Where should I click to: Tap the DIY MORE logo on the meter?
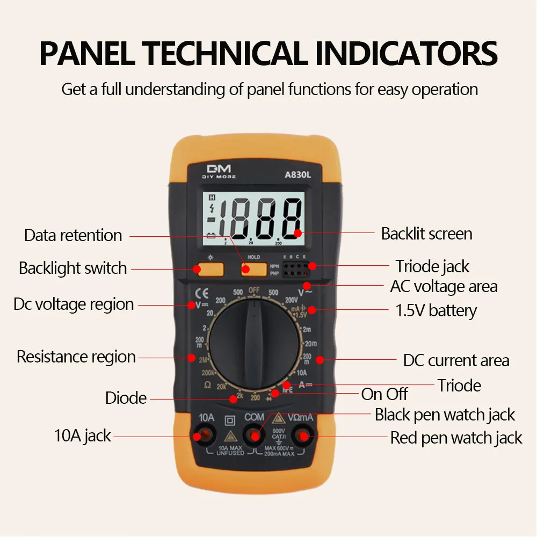click(219, 171)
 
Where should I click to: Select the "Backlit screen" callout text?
click(426, 234)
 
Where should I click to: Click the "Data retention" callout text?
click(73, 235)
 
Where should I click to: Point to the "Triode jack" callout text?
click(432, 266)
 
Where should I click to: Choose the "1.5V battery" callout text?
click(436, 310)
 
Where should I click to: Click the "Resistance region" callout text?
click(76, 357)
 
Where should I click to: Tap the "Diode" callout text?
click(126, 398)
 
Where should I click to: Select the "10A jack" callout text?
click(82, 435)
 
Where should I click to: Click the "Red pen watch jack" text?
click(456, 438)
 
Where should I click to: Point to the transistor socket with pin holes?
click(295, 269)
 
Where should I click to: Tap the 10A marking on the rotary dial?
click(302, 372)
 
